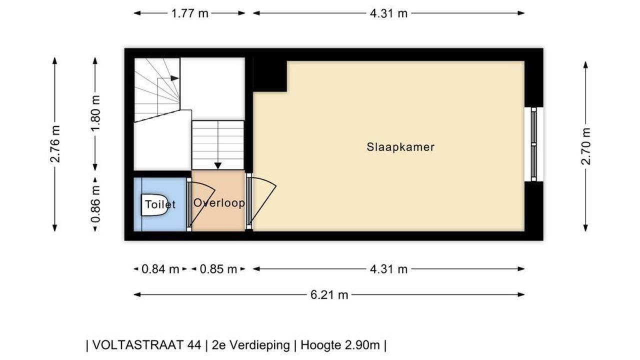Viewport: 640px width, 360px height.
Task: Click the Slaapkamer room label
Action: pos(400,147)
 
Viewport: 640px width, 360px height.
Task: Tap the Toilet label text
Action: pos(160,204)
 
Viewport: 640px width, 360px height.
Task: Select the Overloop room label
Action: pos(219,203)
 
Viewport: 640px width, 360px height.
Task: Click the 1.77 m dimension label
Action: pos(189,13)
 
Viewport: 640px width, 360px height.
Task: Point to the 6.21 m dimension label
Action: pos(329,295)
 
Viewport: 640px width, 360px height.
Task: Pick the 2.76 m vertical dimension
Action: pos(55,144)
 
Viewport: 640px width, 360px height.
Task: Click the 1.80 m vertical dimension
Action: pos(95,112)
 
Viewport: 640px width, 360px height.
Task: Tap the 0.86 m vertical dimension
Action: pos(95,204)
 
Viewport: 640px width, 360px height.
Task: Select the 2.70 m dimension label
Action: pos(585,146)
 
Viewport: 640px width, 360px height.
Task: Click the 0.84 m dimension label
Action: pos(160,269)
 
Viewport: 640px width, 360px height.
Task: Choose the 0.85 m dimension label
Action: pos(218,269)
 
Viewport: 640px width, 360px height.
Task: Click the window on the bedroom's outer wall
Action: pos(533,144)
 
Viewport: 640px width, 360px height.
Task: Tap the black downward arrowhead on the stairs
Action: pos(218,165)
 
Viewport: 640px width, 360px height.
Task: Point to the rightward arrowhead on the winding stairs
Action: pos(175,78)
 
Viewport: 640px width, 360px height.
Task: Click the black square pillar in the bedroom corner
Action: pos(270,76)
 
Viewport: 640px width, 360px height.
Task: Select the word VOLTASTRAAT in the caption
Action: pos(147,345)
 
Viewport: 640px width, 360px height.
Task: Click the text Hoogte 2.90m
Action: pos(340,345)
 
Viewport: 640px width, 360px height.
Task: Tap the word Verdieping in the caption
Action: pos(259,345)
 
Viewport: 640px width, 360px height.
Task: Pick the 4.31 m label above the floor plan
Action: pos(388,13)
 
